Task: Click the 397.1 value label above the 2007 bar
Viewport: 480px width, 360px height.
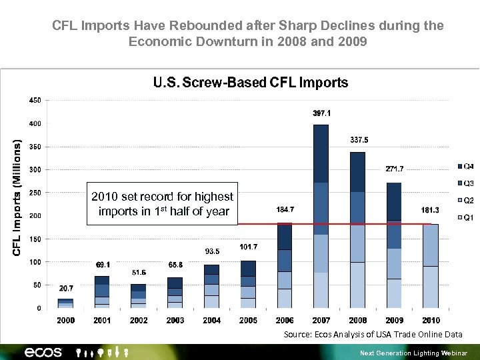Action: tap(321, 113)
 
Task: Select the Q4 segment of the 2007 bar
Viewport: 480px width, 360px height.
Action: tap(321, 153)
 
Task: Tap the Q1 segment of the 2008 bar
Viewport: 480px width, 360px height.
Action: tap(357, 285)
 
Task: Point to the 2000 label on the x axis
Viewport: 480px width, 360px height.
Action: tap(65, 321)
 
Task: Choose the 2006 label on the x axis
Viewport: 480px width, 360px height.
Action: tap(285, 321)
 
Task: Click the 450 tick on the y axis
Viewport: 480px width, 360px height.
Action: tap(35, 100)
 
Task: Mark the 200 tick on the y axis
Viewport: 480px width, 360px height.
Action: tap(35, 216)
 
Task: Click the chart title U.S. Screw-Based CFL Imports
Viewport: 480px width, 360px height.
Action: tap(251, 83)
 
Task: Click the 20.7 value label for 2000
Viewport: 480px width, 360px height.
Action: tap(65, 289)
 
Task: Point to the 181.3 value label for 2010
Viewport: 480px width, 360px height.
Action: tap(430, 210)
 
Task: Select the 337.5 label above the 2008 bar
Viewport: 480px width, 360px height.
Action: tap(359, 140)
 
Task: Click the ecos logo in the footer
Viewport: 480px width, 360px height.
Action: tap(43, 352)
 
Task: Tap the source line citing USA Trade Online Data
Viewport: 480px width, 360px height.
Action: tap(373, 334)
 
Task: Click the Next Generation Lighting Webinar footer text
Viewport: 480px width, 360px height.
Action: tap(413, 353)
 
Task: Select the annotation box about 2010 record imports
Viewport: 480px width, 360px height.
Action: tap(163, 204)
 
